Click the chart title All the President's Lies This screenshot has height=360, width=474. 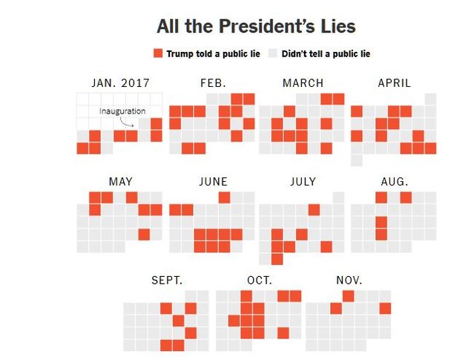(x=256, y=27)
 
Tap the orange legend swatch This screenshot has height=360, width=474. (x=157, y=53)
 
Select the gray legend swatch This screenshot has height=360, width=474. (x=272, y=53)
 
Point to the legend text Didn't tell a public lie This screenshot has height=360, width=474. (x=324, y=53)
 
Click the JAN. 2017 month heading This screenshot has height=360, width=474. (x=120, y=82)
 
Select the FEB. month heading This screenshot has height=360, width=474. (x=213, y=82)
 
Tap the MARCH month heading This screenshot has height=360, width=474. (x=303, y=82)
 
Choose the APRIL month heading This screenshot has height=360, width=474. (x=394, y=82)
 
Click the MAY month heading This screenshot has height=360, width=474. (x=120, y=181)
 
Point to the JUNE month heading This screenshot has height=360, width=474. (x=213, y=181)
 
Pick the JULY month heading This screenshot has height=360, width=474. (x=303, y=181)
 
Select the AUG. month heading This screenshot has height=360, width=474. (x=394, y=181)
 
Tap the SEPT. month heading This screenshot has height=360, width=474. (x=166, y=280)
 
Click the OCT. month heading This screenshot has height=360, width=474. (x=259, y=280)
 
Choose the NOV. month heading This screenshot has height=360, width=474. (x=349, y=280)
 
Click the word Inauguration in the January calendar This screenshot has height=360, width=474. (x=122, y=111)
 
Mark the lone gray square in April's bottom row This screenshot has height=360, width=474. (x=357, y=160)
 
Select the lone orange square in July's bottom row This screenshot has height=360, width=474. (x=277, y=259)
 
